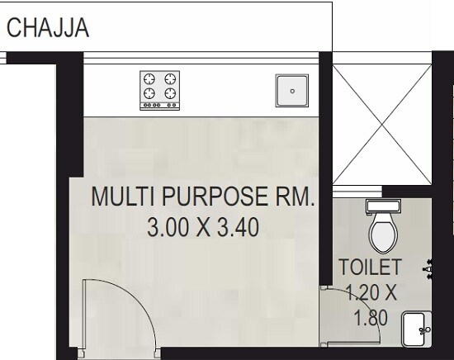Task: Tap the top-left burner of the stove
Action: (150, 79)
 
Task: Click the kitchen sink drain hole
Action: (290, 88)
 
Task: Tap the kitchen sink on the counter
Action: (290, 88)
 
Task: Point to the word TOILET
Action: (371, 268)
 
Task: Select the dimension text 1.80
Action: (369, 317)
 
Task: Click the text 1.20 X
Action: (371, 292)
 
